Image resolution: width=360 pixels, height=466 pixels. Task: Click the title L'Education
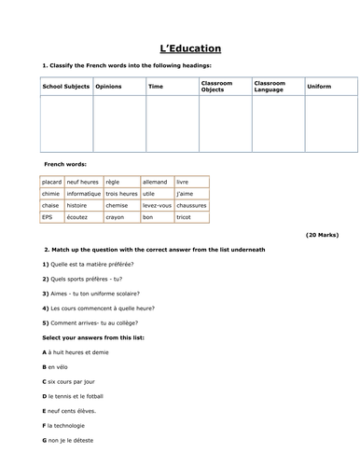[x=179, y=48]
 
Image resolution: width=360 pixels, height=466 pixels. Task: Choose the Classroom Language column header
[x=270, y=86]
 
